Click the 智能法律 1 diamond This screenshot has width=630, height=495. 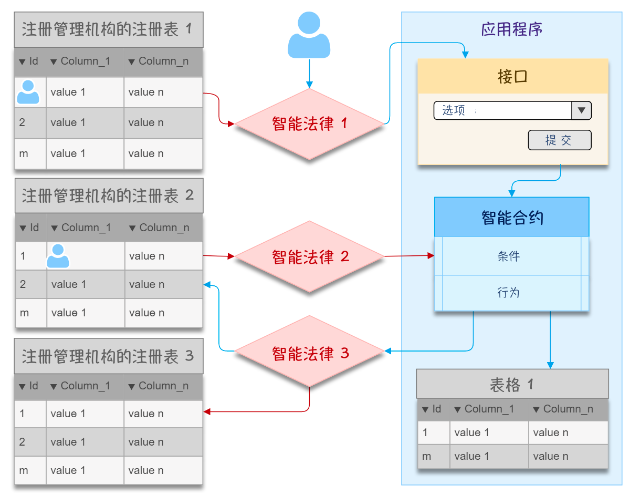(309, 124)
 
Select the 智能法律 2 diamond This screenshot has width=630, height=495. (309, 256)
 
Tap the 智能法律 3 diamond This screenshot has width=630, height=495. (309, 352)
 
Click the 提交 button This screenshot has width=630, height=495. (560, 140)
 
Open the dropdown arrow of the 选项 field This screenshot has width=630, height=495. (581, 110)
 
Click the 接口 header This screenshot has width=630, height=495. (512, 77)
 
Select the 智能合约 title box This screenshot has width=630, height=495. (512, 217)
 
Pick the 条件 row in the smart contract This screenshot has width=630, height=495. (508, 256)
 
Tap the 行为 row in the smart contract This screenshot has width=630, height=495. (508, 293)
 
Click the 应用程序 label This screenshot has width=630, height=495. (511, 29)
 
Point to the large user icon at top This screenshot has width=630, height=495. (309, 36)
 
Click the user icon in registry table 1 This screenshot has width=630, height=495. (28, 92)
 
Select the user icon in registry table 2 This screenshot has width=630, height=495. (58, 256)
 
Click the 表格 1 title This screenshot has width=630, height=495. (512, 385)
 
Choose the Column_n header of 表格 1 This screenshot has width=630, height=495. (568, 409)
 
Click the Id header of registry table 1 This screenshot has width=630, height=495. (29, 61)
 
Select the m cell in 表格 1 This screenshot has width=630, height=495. (427, 456)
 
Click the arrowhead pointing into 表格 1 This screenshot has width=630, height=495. (550, 365)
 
